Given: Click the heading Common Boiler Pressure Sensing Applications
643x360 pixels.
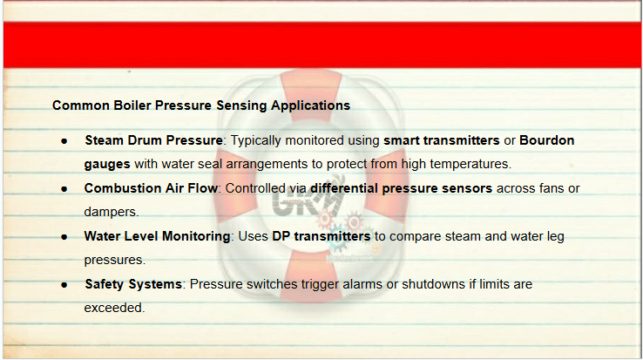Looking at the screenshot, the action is pos(201,105).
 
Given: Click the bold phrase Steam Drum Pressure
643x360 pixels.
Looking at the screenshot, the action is pos(153,140).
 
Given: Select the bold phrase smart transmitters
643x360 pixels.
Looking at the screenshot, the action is pos(441,140).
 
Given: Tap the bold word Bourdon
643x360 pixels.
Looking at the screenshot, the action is pos(546,140).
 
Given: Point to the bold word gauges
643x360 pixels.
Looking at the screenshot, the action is pos(107,165).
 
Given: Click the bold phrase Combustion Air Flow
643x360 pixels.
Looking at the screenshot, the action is pos(151,188).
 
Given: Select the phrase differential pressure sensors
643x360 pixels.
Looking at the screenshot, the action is pos(401,189).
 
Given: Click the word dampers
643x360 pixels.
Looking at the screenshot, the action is pos(112,212).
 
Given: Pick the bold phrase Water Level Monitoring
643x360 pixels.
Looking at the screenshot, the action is pos(157,236).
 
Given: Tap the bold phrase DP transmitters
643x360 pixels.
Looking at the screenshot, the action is pos(321,236).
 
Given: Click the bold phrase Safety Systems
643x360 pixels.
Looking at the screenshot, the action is pos(133,284).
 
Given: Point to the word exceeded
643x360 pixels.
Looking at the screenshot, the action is pos(114,308).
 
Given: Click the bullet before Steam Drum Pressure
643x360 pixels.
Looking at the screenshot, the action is pos(64,141).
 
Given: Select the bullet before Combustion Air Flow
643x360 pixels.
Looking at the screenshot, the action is pos(64,189).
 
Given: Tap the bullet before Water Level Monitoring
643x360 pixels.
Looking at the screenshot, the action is pos(64,237).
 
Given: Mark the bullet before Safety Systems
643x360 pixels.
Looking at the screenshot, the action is pos(64,285).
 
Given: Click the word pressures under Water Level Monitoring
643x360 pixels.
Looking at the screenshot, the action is pos(115,261).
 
